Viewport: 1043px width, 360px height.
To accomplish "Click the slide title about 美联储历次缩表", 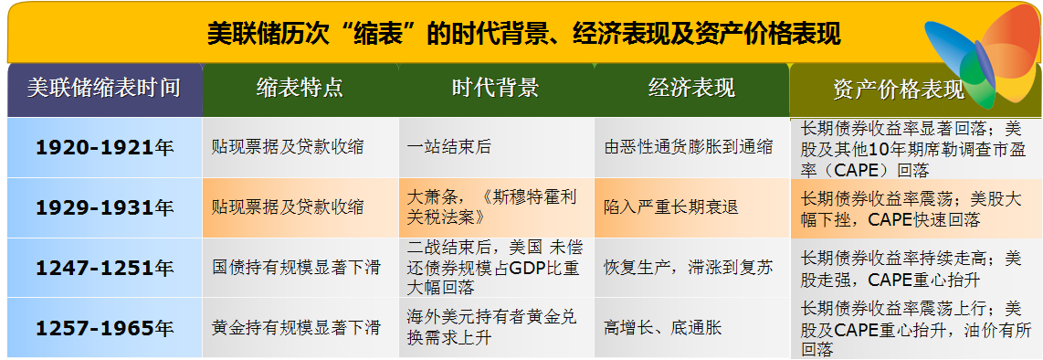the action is [x=523, y=33].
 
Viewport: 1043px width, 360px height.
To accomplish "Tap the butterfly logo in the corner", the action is [x=983, y=56].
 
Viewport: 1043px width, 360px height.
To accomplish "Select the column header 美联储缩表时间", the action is [x=104, y=89].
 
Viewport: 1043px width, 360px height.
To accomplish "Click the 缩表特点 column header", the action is [x=300, y=89].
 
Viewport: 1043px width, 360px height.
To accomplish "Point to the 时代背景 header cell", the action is [x=496, y=89].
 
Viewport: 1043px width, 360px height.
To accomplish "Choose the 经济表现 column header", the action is [x=691, y=89].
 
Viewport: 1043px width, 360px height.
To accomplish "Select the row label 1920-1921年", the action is [x=104, y=147].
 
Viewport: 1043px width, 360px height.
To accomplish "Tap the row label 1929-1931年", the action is [x=104, y=207].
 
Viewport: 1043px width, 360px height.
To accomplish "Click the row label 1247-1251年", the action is [x=104, y=268].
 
